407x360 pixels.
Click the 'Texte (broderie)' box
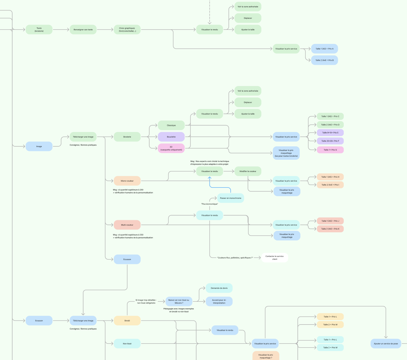tap(39, 30)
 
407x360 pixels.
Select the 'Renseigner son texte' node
tap(83, 30)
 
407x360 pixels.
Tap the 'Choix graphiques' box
tap(127, 30)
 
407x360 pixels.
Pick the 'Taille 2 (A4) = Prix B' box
tap(324, 60)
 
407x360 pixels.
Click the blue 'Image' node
tap(39, 146)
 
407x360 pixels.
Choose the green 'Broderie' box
tap(127, 137)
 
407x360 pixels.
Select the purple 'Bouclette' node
tap(171, 137)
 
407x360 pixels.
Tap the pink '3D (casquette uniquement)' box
tap(171, 148)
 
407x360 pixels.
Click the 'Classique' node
tap(171, 125)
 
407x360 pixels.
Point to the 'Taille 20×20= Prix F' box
tap(330, 141)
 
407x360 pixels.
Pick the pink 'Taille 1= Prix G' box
tap(330, 150)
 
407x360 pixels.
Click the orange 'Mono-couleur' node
tap(127, 181)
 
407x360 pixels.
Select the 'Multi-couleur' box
tap(127, 225)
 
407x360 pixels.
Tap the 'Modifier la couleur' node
tap(248, 171)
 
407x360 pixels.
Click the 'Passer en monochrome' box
tap(231, 198)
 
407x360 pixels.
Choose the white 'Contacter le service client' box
tap(275, 258)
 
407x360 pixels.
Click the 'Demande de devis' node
tap(219, 288)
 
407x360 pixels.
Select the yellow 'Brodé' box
tap(127, 320)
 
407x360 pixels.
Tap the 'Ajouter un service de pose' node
tap(386, 344)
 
